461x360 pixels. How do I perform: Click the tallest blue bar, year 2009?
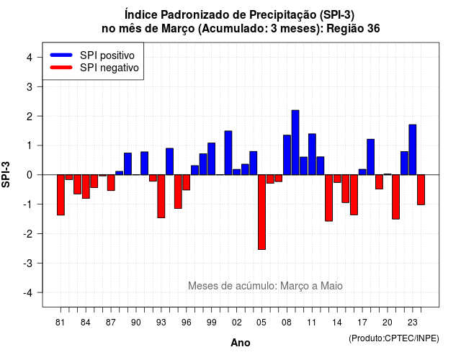click(x=295, y=143)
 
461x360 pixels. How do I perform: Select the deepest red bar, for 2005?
click(x=261, y=212)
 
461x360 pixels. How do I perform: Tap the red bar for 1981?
click(x=61, y=195)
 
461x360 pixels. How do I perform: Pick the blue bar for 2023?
click(x=413, y=150)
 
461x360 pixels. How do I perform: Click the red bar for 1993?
click(x=161, y=197)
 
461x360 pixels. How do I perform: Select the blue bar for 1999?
click(x=211, y=158)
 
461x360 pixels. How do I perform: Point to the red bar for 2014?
click(x=337, y=179)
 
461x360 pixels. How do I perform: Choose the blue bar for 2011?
click(x=312, y=154)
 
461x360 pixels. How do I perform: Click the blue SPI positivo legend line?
click(x=61, y=55)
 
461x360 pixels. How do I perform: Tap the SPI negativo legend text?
click(x=109, y=68)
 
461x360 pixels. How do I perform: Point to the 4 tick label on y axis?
click(x=30, y=58)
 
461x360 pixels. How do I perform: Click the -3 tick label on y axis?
click(x=27, y=263)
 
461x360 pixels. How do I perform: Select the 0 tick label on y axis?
click(x=30, y=175)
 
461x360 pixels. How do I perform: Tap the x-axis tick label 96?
click(x=186, y=323)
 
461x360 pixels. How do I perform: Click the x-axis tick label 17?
click(x=362, y=323)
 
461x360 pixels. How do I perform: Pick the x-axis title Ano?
click(x=241, y=343)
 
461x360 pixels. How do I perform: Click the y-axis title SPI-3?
click(x=6, y=174)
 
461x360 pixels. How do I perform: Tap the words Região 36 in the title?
click(x=353, y=29)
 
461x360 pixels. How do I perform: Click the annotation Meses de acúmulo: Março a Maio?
click(x=265, y=286)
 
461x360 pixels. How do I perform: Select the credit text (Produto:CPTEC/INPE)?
click(x=394, y=338)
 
